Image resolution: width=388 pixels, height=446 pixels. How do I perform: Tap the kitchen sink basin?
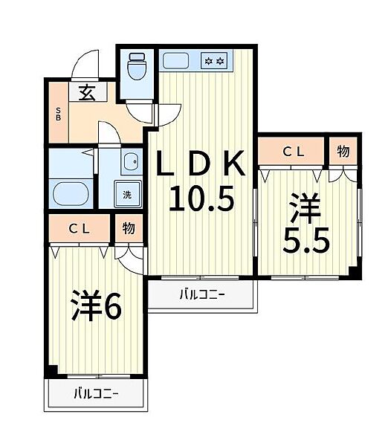tap(176, 61)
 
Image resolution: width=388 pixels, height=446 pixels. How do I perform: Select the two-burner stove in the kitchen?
tap(215, 61)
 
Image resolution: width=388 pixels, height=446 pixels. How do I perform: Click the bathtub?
tap(71, 194)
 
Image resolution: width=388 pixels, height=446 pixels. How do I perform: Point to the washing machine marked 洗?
tap(128, 194)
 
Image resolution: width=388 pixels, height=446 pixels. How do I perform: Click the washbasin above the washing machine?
tap(131, 162)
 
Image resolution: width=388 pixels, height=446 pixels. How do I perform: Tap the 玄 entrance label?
tap(86, 93)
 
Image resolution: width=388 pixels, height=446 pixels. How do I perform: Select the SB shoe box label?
tap(58, 114)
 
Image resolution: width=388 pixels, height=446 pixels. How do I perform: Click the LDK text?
tap(201, 163)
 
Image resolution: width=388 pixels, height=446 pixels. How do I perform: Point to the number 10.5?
tap(201, 198)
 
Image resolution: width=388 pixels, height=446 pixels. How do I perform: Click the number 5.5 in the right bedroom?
tap(306, 240)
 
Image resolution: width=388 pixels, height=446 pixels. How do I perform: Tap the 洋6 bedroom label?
tap(97, 306)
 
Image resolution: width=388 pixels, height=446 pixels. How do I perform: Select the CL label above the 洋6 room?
tap(80, 229)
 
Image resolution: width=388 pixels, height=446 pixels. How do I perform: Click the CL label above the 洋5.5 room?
tap(294, 152)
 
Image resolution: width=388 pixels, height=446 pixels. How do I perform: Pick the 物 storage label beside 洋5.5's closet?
tap(343, 151)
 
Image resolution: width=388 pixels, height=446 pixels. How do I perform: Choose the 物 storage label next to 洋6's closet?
tap(129, 228)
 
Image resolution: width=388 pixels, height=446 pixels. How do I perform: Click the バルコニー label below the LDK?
tap(202, 294)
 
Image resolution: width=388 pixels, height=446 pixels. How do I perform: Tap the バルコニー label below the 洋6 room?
tap(96, 394)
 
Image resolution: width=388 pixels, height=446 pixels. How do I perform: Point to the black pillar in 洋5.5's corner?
tap(355, 273)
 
